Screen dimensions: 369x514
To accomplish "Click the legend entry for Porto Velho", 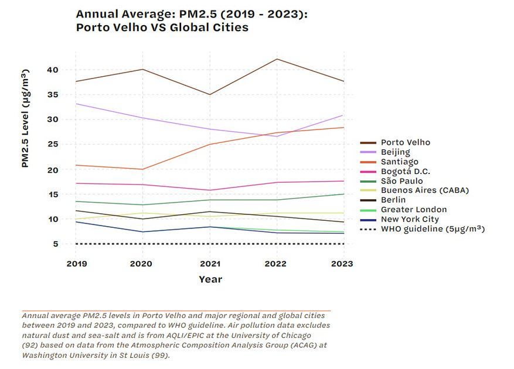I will click(x=405, y=142).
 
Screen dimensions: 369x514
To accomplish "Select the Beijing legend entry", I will click(x=395, y=152).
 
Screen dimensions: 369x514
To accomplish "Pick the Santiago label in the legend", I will click(x=399, y=162).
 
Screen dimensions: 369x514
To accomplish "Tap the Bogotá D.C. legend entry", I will click(x=405, y=172).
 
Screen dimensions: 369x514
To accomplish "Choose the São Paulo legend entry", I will click(x=401, y=181).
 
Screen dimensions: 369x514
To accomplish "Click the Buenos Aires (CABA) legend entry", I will click(x=424, y=190).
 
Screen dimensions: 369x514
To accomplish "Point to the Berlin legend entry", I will click(x=393, y=200).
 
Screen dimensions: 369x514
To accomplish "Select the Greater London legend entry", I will click(x=413, y=210).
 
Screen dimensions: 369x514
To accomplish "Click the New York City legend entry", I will click(x=409, y=219).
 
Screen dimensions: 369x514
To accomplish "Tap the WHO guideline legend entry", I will click(x=432, y=229).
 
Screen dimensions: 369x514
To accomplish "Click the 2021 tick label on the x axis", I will click(x=210, y=264).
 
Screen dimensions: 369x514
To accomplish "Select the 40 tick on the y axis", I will click(x=53, y=70).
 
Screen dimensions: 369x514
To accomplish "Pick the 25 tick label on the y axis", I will click(x=53, y=145).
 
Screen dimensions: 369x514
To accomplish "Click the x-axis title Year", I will click(x=210, y=279).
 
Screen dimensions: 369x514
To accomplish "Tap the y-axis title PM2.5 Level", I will click(x=25, y=118).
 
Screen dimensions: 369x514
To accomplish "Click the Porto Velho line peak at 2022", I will click(x=277, y=59).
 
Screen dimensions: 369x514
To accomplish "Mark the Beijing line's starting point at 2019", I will click(x=77, y=104).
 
